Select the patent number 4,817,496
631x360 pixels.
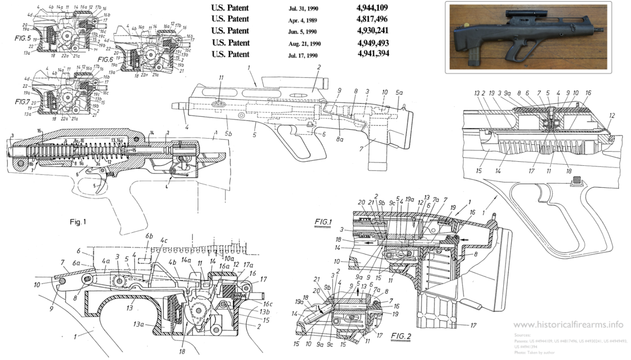(373, 19)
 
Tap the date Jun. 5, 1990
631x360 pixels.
(304, 32)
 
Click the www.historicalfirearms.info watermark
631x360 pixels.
(568, 324)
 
